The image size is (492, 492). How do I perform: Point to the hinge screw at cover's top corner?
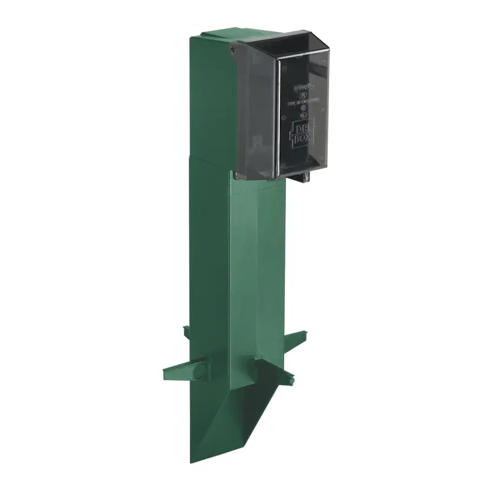(232, 49)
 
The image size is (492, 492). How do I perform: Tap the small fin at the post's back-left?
(186, 332)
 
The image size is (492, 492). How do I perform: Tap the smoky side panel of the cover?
(255, 111)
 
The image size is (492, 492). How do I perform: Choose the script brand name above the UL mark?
(303, 87)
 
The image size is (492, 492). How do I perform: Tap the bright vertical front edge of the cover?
(277, 117)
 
